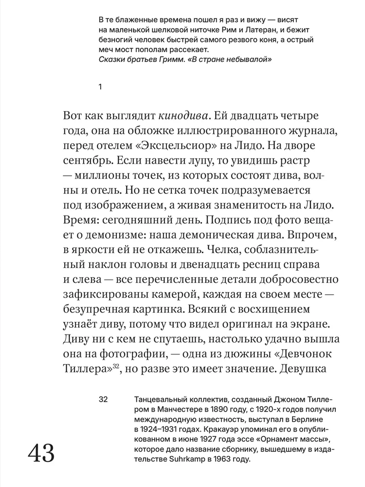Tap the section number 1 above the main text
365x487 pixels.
pos(99,87)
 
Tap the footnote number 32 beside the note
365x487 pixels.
pos(103,400)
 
